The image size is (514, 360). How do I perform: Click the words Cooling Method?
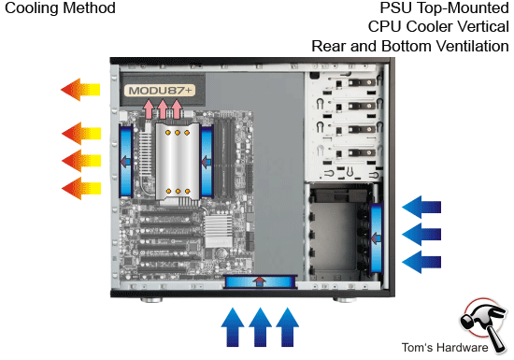[x=59, y=8]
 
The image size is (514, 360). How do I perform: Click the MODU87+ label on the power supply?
[x=159, y=92]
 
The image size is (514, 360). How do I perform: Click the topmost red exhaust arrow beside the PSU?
[x=80, y=90]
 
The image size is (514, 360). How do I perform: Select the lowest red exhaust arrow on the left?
[x=80, y=188]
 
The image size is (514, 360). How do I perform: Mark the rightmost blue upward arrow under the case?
[x=289, y=328]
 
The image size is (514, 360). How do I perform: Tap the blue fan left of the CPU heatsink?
[x=125, y=160]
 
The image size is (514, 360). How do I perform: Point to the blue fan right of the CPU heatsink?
[x=205, y=160]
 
